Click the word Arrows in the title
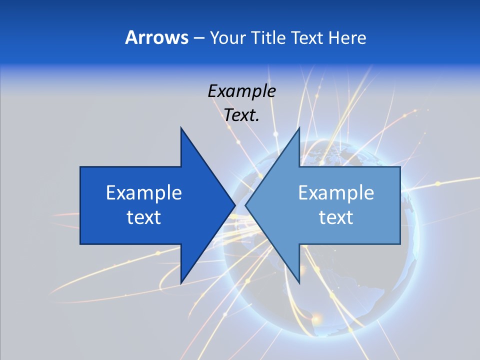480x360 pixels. pyautogui.click(x=156, y=37)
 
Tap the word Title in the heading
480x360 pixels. pyautogui.click(x=268, y=37)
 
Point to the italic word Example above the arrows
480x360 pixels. pyautogui.click(x=242, y=91)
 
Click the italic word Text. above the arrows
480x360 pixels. pyautogui.click(x=242, y=115)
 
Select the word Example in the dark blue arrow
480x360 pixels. pyautogui.click(x=144, y=192)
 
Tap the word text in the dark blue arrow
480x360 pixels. pyautogui.click(x=144, y=217)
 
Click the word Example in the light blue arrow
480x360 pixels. pyautogui.click(x=336, y=192)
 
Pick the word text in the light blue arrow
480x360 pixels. pyautogui.click(x=336, y=217)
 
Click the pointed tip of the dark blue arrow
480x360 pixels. pyautogui.click(x=235, y=205)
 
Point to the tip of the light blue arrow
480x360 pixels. pyautogui.click(x=245, y=205)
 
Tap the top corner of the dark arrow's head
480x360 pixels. pyautogui.click(x=181, y=127)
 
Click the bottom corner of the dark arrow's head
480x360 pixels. pyautogui.click(x=181, y=283)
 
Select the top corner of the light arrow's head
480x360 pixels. pyautogui.click(x=299, y=127)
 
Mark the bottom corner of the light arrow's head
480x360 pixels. pyautogui.click(x=299, y=283)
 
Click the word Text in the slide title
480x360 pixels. pyautogui.click(x=307, y=37)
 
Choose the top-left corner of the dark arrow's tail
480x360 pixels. pyautogui.click(x=80, y=167)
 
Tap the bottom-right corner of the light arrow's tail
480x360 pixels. pyautogui.click(x=400, y=244)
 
